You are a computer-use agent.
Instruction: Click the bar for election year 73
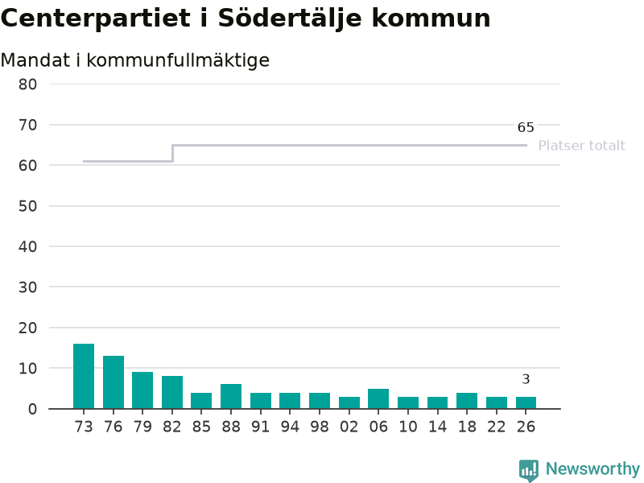[x=84, y=376]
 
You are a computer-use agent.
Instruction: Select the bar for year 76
[x=114, y=382]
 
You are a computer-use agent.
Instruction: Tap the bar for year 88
[x=231, y=396]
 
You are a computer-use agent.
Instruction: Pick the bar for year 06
[x=378, y=398]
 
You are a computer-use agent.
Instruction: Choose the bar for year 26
[x=526, y=403]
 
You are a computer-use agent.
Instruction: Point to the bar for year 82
[x=172, y=392]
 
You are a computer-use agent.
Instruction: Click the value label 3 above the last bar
[x=526, y=379]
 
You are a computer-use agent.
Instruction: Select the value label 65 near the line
[x=526, y=127]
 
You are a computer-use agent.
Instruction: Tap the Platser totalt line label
[x=581, y=146]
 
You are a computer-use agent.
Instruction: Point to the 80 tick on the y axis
[x=27, y=85]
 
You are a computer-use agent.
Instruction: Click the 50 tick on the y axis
[x=27, y=206]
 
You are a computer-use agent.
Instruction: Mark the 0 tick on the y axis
[x=32, y=409]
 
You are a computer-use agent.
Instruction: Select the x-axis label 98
[x=319, y=427]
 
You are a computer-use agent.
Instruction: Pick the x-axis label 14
[x=437, y=427]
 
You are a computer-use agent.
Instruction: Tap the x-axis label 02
[x=349, y=427]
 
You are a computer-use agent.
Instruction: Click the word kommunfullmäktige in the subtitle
[x=178, y=60]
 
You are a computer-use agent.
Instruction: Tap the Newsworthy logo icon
[x=529, y=470]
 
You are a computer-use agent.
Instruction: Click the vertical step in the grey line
[x=172, y=153]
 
